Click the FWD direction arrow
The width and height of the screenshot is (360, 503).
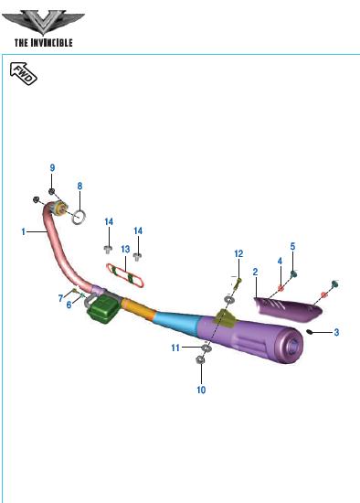pyautogui.click(x=24, y=73)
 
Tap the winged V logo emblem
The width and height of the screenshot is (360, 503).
pyautogui.click(x=43, y=23)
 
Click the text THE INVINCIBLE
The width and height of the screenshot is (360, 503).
pyautogui.click(x=44, y=43)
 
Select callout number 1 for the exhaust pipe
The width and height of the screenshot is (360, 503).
pyautogui.click(x=23, y=231)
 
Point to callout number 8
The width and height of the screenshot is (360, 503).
pyautogui.click(x=79, y=186)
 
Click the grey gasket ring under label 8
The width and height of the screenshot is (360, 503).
pyautogui.click(x=79, y=217)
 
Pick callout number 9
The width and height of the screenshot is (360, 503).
pyautogui.click(x=52, y=167)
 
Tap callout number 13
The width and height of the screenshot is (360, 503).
pyautogui.click(x=125, y=250)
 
